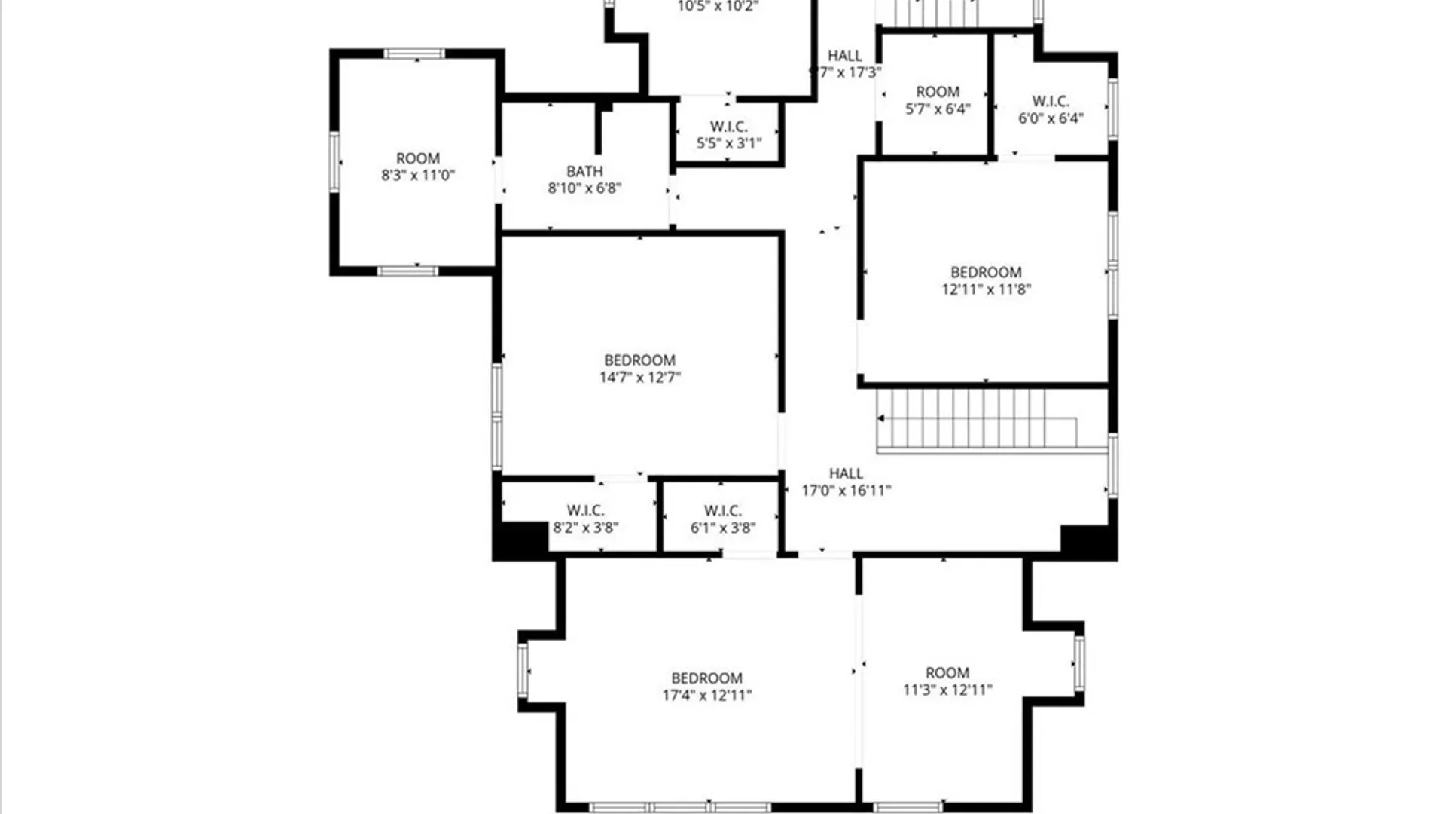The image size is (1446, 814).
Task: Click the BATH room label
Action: pyautogui.click(x=584, y=172)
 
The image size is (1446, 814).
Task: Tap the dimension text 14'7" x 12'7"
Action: pyautogui.click(x=639, y=378)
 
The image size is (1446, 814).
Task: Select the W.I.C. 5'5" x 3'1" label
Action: pyautogui.click(x=728, y=135)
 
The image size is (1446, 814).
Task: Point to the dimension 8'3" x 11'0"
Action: pyautogui.click(x=418, y=176)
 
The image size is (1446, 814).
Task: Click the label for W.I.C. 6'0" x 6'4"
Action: pyautogui.click(x=1051, y=110)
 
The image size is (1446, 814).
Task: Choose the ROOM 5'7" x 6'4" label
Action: pyautogui.click(x=938, y=100)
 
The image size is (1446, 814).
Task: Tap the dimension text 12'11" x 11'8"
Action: pyautogui.click(x=986, y=289)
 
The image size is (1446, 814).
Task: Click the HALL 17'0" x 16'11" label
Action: pyautogui.click(x=846, y=482)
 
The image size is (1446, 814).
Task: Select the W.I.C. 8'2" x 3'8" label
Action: pyautogui.click(x=585, y=519)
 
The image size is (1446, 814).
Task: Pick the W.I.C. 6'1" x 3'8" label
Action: pyautogui.click(x=722, y=519)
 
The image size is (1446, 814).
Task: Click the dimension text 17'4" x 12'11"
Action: pyautogui.click(x=706, y=696)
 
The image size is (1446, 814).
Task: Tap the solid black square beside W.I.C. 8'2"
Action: pyautogui.click(x=520, y=539)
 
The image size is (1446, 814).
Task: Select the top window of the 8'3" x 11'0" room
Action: pyautogui.click(x=414, y=54)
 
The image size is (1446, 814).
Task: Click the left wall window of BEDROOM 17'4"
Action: pyautogui.click(x=523, y=670)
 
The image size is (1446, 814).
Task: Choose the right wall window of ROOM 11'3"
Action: pyautogui.click(x=1078, y=663)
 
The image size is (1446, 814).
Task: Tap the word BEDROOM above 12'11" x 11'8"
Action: pyautogui.click(x=986, y=272)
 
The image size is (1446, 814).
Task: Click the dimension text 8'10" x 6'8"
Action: pyautogui.click(x=584, y=188)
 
